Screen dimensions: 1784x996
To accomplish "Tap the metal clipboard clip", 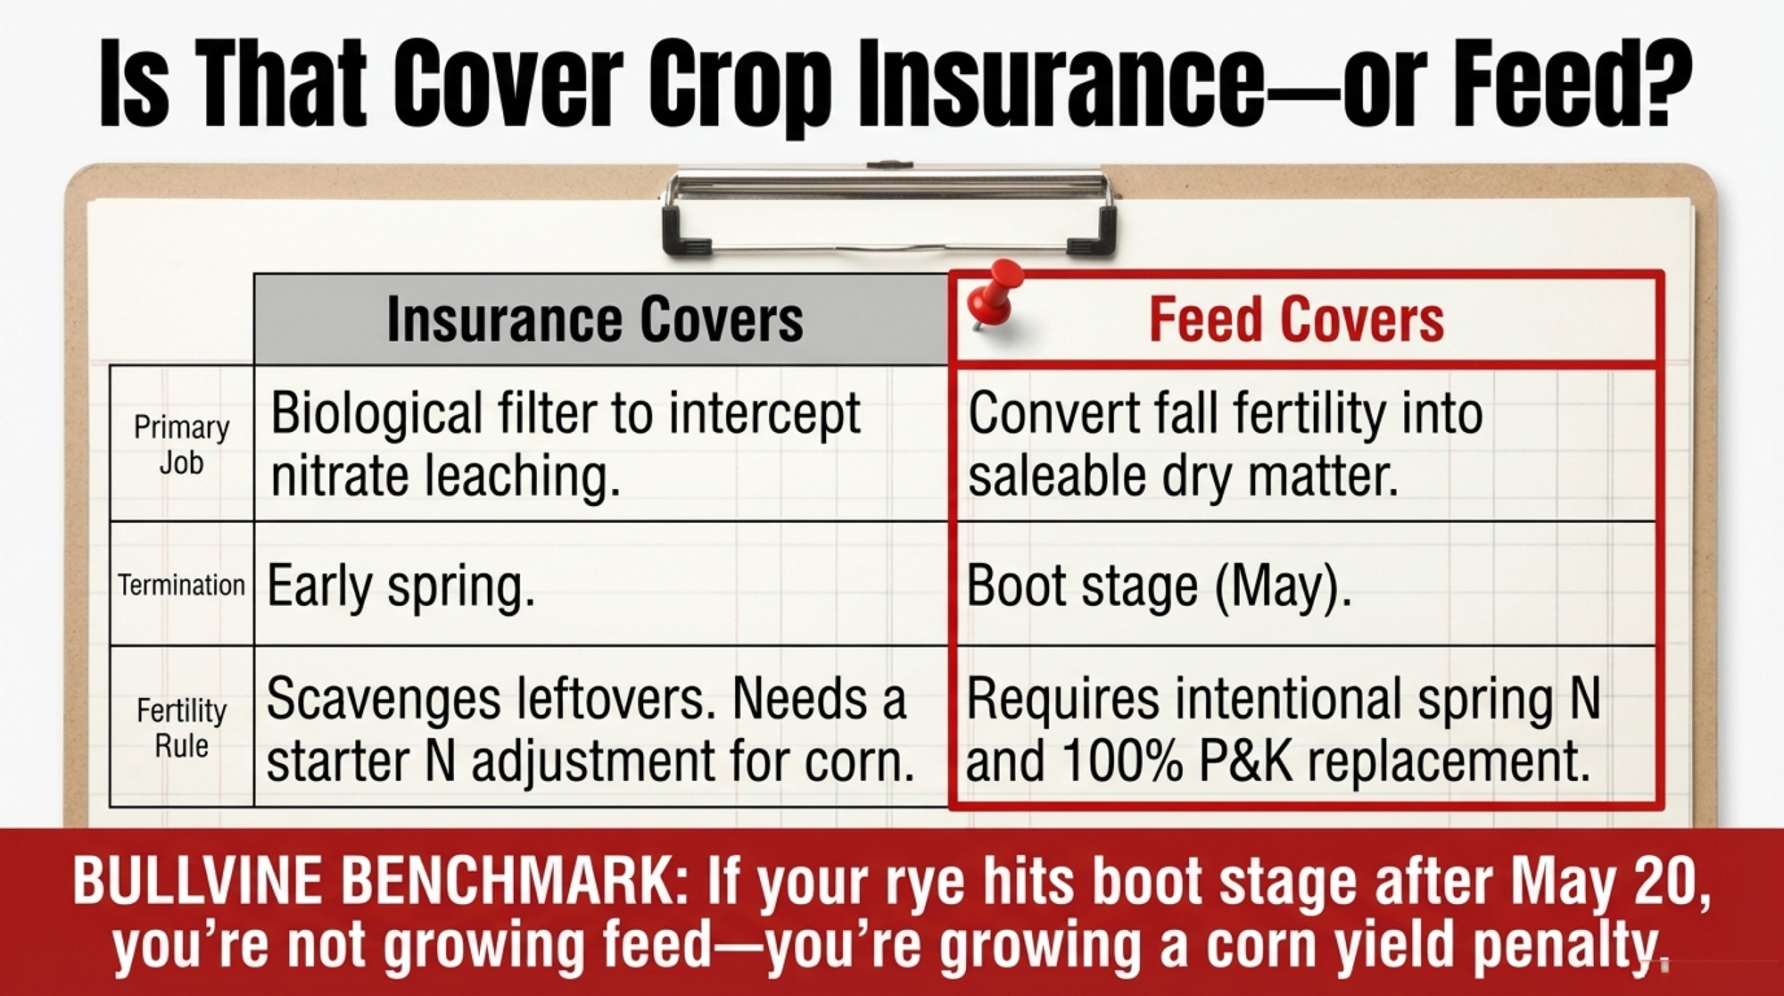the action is point(889,209).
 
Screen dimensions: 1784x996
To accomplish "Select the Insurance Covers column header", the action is point(595,320).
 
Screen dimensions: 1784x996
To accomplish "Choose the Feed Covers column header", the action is point(1295,320).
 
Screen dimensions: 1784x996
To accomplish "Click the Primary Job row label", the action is point(182,444).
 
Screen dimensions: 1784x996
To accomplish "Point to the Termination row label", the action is point(181,585).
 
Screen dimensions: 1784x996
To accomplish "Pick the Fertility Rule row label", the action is point(182,727).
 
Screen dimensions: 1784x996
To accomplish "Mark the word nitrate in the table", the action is point(340,476).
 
